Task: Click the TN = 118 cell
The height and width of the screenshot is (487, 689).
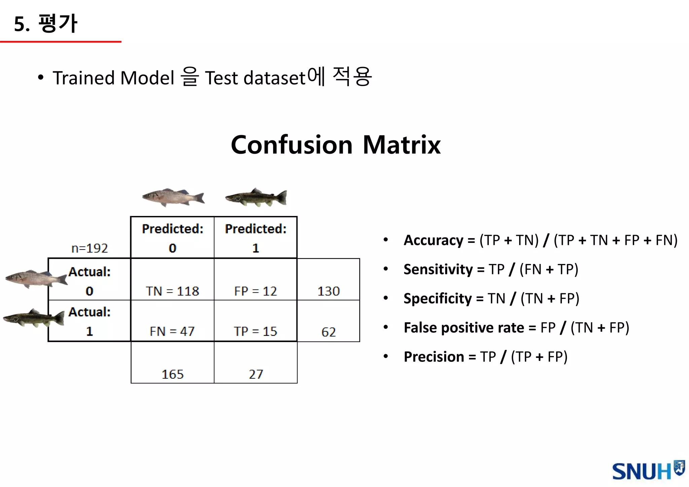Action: pos(172,291)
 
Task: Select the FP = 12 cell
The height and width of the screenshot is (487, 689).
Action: pos(255,291)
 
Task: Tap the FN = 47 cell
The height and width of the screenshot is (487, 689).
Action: pos(172,331)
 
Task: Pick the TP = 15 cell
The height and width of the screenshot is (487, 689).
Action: pos(255,331)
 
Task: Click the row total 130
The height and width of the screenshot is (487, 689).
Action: pos(328,291)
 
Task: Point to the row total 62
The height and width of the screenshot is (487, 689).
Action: pos(328,332)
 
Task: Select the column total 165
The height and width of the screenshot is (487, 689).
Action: pos(172,374)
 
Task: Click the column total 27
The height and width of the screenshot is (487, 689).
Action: pos(256,374)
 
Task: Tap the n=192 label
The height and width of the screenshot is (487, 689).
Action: pos(89,248)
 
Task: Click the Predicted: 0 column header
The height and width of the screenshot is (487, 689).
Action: pos(172,237)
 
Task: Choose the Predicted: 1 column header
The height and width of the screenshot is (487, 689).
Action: pos(256,237)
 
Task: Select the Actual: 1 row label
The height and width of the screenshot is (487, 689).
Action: pos(89,321)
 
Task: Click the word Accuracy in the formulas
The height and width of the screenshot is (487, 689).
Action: pos(433,240)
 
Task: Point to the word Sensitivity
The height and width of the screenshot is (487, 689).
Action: pos(438,269)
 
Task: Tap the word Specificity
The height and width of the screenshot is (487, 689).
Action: pos(438,298)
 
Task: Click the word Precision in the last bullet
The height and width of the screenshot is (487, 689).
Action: pos(434,357)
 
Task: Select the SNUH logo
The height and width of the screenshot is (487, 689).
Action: pos(648,471)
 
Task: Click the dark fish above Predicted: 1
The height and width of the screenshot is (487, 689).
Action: pos(256,197)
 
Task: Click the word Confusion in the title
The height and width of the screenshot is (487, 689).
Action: pos(291,145)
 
